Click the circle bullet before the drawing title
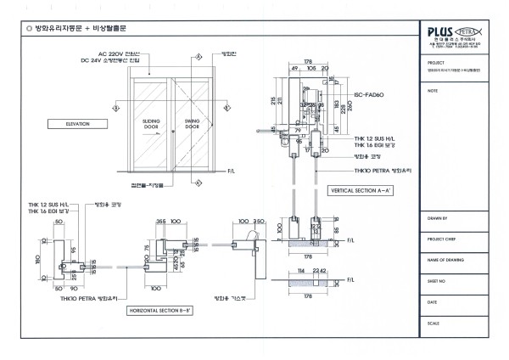click(x=31, y=29)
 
